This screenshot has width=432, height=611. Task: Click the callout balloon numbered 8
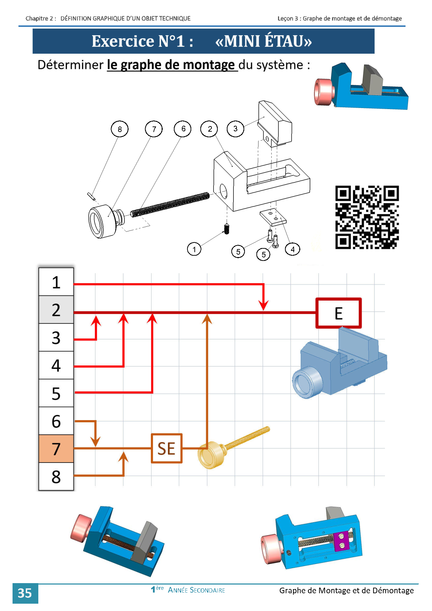coord(119,129)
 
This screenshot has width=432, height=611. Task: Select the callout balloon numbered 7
coord(154,129)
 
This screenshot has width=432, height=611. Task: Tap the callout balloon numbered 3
coord(236,129)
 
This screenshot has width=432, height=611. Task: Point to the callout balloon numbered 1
coord(194,249)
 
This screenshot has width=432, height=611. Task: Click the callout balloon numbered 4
coord(293,249)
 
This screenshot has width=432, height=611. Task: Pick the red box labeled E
coord(338,313)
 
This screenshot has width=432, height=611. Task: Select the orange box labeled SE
coord(167,448)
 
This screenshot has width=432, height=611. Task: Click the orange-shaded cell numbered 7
coord(56,449)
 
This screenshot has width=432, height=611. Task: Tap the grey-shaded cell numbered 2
coord(56,310)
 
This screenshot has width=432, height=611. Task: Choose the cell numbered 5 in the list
coord(56,393)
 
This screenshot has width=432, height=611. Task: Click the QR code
coord(367,217)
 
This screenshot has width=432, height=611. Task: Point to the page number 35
coord(25,593)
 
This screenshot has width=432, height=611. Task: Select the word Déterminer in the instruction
coord(71,65)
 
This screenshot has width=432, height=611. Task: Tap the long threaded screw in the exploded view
coord(170,204)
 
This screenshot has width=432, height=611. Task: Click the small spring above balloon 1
coord(227,229)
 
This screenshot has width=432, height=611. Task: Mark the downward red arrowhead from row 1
coord(264,305)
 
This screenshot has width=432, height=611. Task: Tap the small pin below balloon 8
coord(91,196)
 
